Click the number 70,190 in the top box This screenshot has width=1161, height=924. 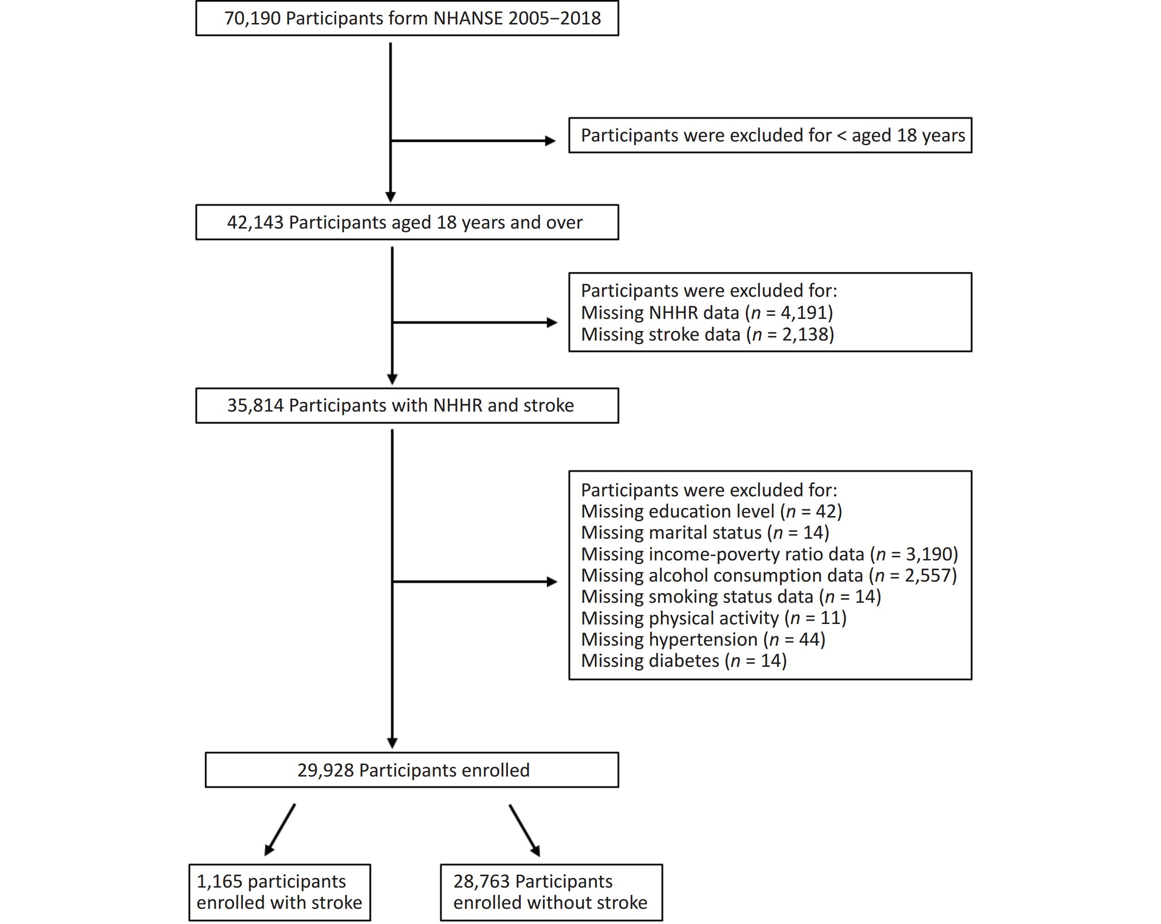252,18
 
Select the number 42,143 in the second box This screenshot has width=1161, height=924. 255,223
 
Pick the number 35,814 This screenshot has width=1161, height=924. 255,406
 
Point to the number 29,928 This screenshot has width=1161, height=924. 325,770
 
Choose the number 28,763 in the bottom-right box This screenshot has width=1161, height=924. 482,882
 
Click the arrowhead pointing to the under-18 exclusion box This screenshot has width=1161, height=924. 550,141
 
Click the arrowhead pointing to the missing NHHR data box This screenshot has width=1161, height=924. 552,323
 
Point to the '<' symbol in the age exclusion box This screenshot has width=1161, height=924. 841,135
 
